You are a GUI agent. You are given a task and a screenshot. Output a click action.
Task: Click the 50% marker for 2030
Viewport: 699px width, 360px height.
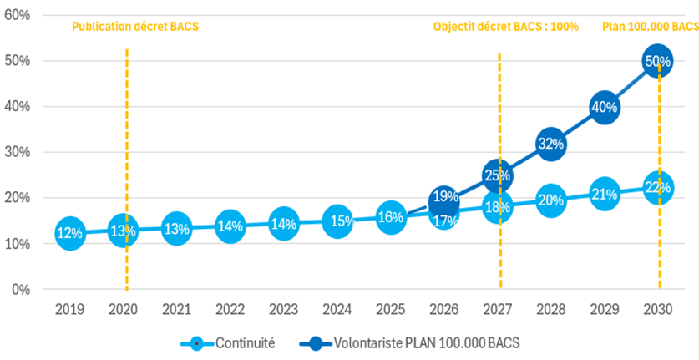(657, 61)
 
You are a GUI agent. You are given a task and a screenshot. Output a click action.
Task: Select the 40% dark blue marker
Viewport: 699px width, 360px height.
(604, 107)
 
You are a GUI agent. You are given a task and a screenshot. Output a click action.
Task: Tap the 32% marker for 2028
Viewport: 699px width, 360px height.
(550, 144)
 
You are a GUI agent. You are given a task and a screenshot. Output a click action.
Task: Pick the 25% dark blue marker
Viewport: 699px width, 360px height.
(498, 175)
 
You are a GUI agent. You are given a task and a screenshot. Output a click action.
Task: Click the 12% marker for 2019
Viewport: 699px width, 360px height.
(70, 234)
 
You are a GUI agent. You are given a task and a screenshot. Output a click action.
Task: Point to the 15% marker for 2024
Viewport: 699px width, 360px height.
(337, 221)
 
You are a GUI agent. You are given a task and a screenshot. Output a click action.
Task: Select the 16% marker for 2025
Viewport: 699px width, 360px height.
(390, 217)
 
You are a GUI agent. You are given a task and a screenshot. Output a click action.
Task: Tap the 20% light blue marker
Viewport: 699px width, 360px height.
(550, 200)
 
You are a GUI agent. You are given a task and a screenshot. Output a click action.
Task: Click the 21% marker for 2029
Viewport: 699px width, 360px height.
(604, 195)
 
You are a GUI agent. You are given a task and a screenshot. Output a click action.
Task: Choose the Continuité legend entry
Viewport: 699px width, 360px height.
(227, 343)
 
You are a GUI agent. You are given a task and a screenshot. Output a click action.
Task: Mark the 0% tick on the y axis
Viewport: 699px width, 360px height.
(22, 290)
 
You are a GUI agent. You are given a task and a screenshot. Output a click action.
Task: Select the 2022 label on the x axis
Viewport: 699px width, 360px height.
(230, 309)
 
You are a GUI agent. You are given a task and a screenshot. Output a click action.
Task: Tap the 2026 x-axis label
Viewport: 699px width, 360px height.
(443, 309)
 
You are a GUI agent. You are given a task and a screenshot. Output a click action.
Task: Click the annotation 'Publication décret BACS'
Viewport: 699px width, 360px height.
(135, 27)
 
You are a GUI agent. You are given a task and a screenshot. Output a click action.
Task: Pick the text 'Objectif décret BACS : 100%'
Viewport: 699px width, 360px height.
(505, 27)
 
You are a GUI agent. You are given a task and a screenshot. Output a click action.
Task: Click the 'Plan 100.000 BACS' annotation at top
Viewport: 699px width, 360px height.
(650, 27)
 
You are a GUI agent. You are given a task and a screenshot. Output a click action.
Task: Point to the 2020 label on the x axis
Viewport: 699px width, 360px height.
(124, 309)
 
